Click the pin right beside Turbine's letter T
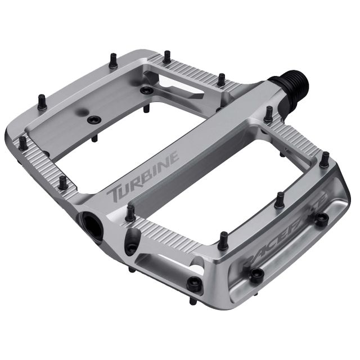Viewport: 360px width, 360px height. tap(130, 213)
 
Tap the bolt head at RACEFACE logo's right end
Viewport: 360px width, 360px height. tap(321, 218)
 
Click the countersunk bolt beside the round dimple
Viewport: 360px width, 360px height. tap(94, 120)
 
